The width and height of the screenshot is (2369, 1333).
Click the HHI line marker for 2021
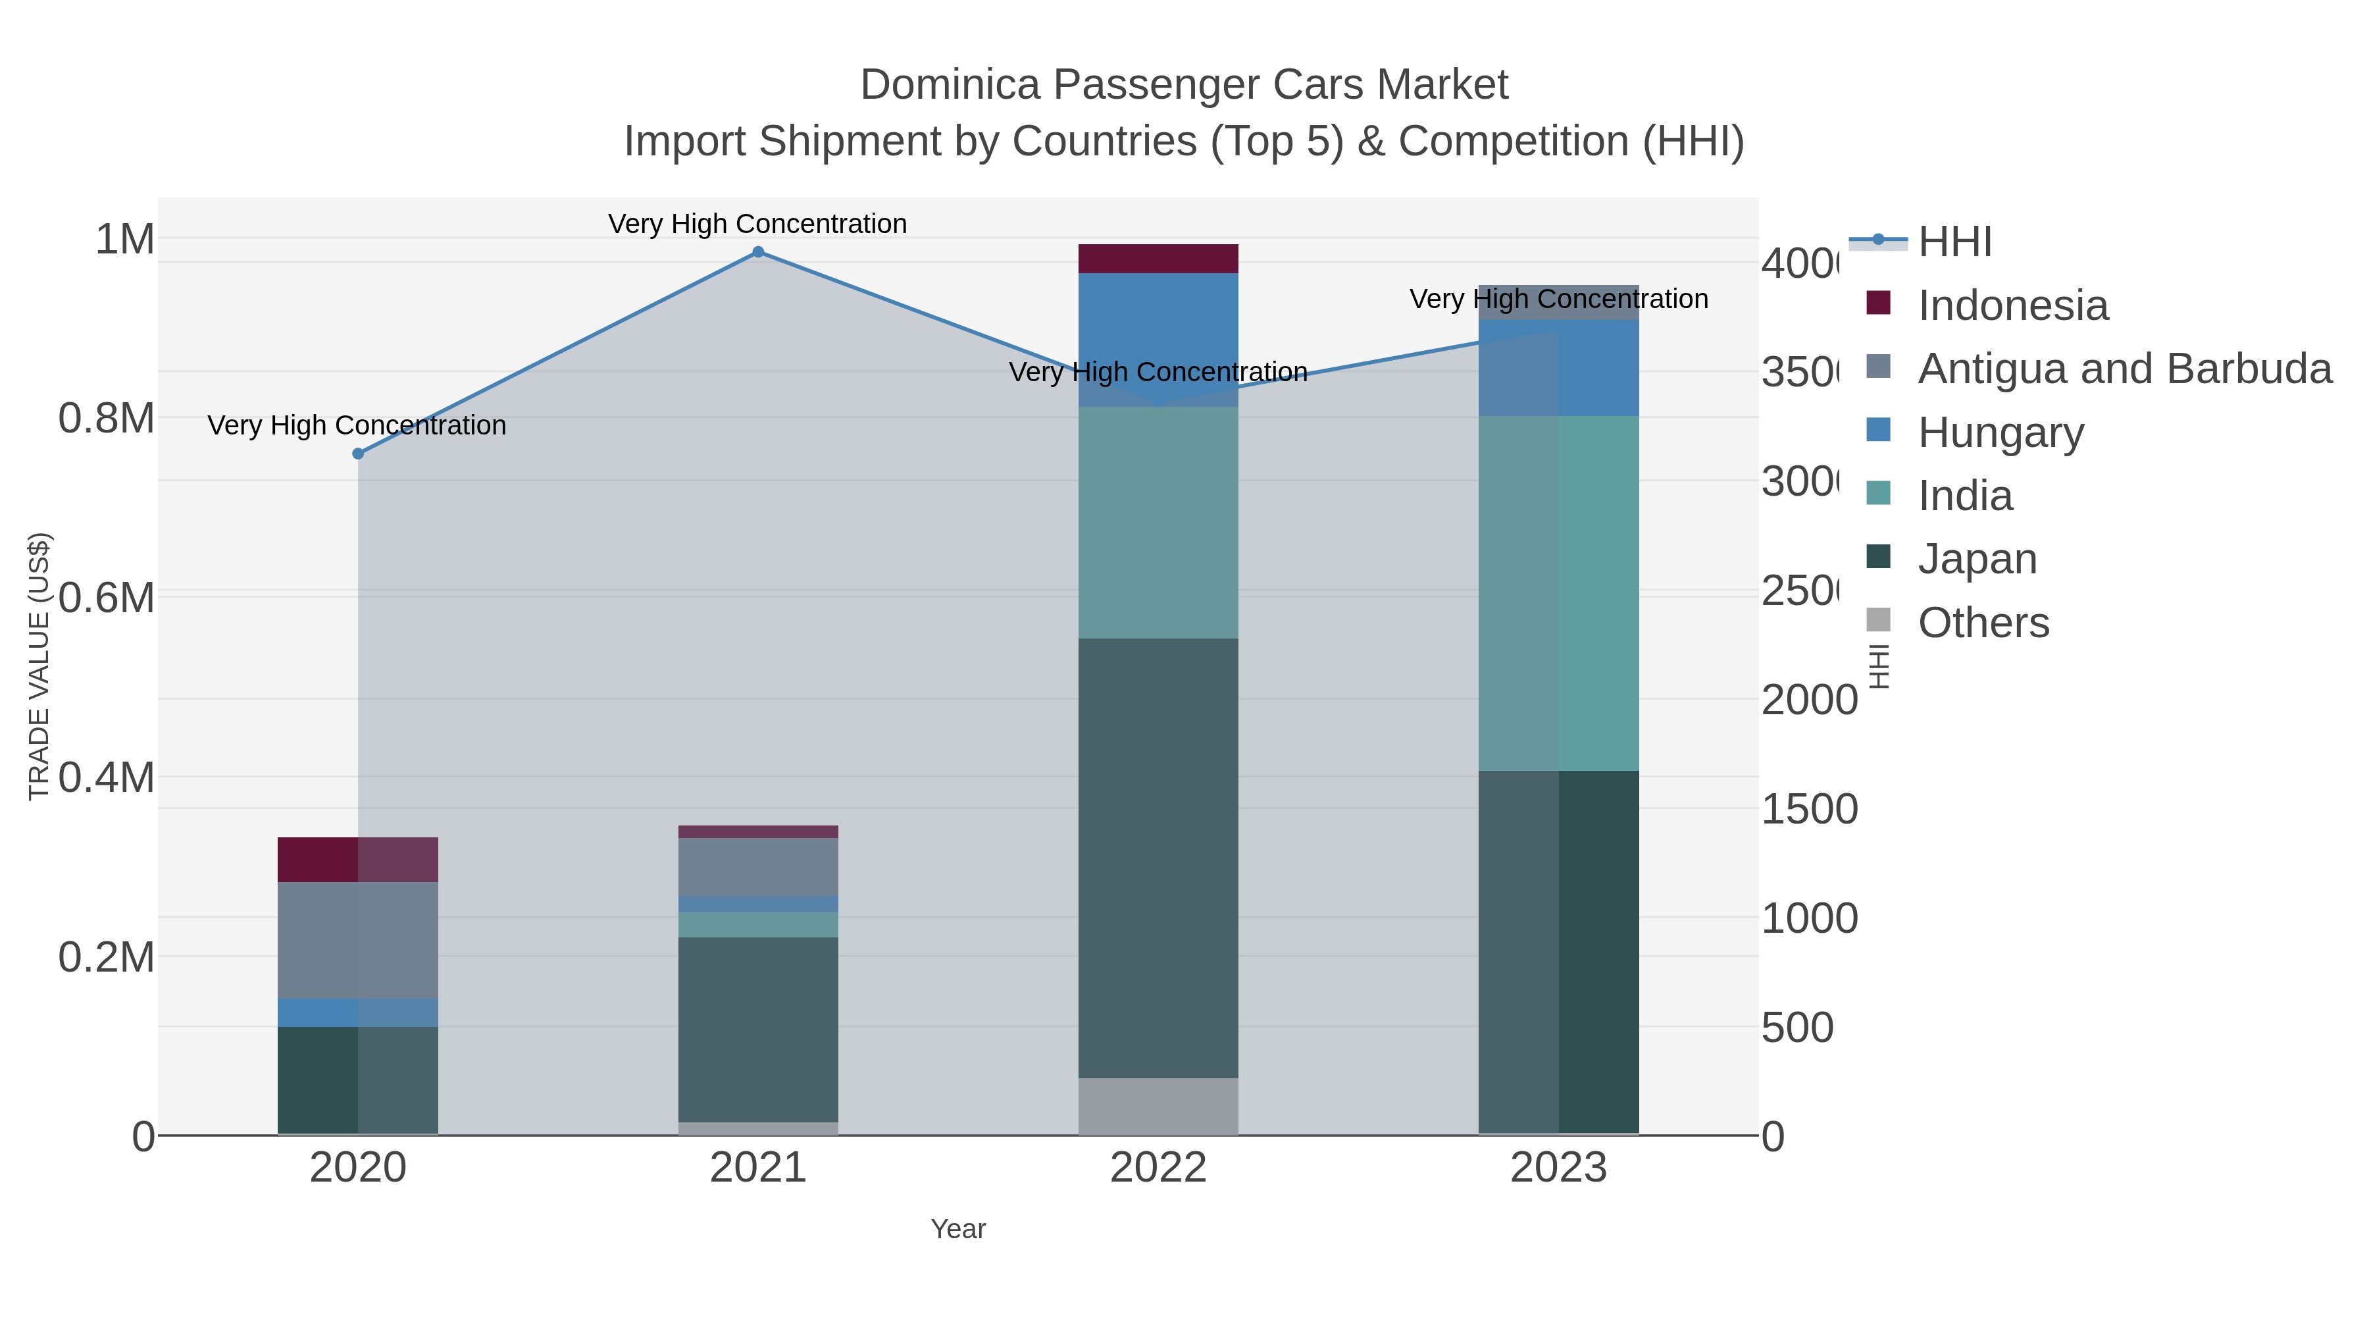pyautogui.click(x=758, y=252)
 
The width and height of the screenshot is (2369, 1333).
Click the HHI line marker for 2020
pyautogui.click(x=359, y=454)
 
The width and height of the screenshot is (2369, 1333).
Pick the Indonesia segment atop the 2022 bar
pyautogui.click(x=1158, y=259)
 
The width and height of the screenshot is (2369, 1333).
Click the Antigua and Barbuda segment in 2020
pyautogui.click(x=358, y=939)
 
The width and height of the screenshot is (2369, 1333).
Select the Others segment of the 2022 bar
pyautogui.click(x=1158, y=1106)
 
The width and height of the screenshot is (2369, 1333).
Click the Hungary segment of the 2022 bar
pyautogui.click(x=1158, y=340)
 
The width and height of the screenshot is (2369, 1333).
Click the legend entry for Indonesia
pyautogui.click(x=2012, y=305)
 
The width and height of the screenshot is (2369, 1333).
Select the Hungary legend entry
pyautogui.click(x=2000, y=432)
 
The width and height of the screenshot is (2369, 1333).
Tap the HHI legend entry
pyautogui.click(x=1954, y=242)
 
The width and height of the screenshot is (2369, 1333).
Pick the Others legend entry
pyautogui.click(x=1983, y=623)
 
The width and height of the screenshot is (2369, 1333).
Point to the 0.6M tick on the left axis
pyautogui.click(x=107, y=598)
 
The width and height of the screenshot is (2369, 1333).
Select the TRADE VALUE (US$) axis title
pyautogui.click(x=39, y=666)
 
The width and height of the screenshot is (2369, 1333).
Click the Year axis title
pyautogui.click(x=957, y=1229)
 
